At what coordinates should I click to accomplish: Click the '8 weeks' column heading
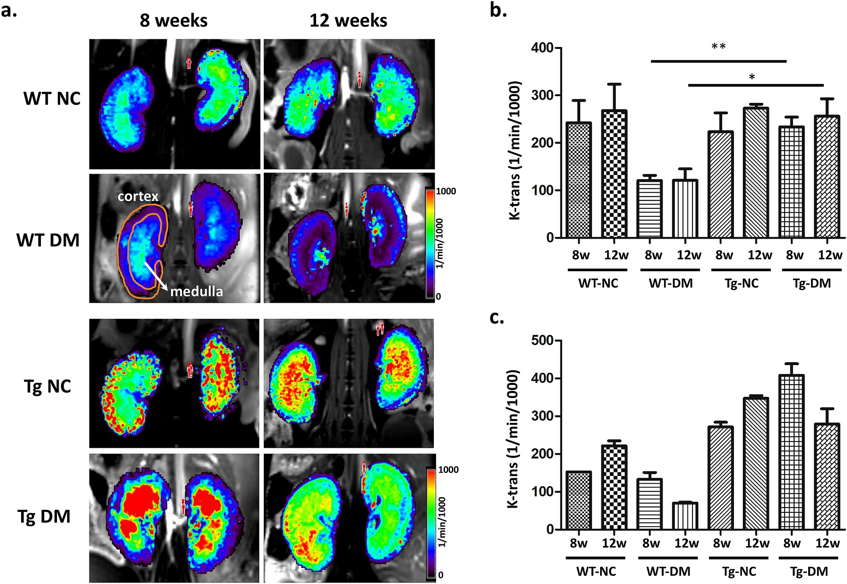[x=173, y=21]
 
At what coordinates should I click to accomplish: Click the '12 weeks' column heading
[x=348, y=21]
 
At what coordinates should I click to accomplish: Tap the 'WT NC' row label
[x=51, y=99]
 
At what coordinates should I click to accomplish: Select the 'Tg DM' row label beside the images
[x=43, y=517]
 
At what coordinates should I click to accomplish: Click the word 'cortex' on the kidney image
[x=138, y=196]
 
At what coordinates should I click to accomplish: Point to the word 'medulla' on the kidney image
[x=196, y=291]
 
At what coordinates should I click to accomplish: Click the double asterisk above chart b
[x=718, y=47]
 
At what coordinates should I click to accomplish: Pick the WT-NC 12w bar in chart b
[x=614, y=174]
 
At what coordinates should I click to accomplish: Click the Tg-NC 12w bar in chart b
[x=756, y=172]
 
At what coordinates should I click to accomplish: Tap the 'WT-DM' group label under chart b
[x=671, y=283]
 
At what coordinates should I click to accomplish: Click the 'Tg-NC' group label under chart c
[x=739, y=572]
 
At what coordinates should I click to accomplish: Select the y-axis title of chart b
[x=515, y=151]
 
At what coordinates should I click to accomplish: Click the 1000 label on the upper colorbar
[x=446, y=191]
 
